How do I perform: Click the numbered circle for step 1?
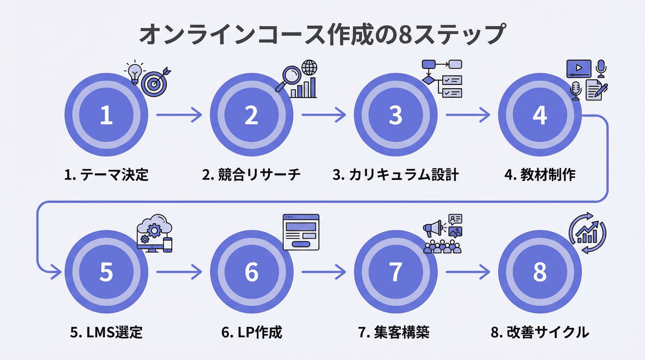pos(106,115)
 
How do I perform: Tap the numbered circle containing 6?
pos(252,272)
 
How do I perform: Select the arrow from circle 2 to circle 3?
pos(324,115)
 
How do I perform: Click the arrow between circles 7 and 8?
pos(468,272)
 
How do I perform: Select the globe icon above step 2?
pos(309,68)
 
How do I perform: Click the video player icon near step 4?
pos(578,68)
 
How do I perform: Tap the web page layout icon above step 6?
pos(301,232)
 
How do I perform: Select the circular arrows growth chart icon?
pos(587,233)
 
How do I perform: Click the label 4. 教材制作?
pos(540,175)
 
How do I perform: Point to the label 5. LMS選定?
pos(106,332)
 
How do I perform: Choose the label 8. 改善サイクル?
pos(540,332)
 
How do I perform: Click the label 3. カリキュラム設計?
pos(395,175)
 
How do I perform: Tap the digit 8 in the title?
pos(405,34)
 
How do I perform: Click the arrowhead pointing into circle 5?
pos(56,272)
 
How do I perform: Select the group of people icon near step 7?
pos(442,246)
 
